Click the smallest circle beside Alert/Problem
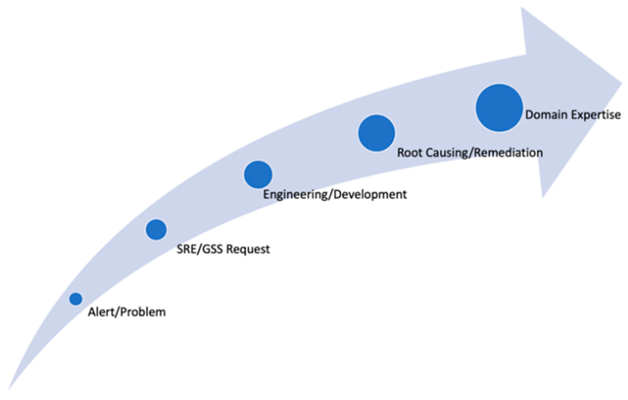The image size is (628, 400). click(x=76, y=299)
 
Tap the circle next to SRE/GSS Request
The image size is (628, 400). click(x=156, y=230)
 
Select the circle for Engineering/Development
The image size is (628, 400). click(x=258, y=175)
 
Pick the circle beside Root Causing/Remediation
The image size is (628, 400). click(x=377, y=133)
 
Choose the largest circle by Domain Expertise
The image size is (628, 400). click(x=499, y=108)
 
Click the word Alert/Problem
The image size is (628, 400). click(x=127, y=312)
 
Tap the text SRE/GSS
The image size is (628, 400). click(x=200, y=249)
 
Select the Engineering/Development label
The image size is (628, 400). click(x=335, y=195)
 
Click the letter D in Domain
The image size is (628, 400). click(x=529, y=115)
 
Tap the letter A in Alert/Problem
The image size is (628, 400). click(x=91, y=312)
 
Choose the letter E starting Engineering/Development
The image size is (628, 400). click(x=266, y=195)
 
